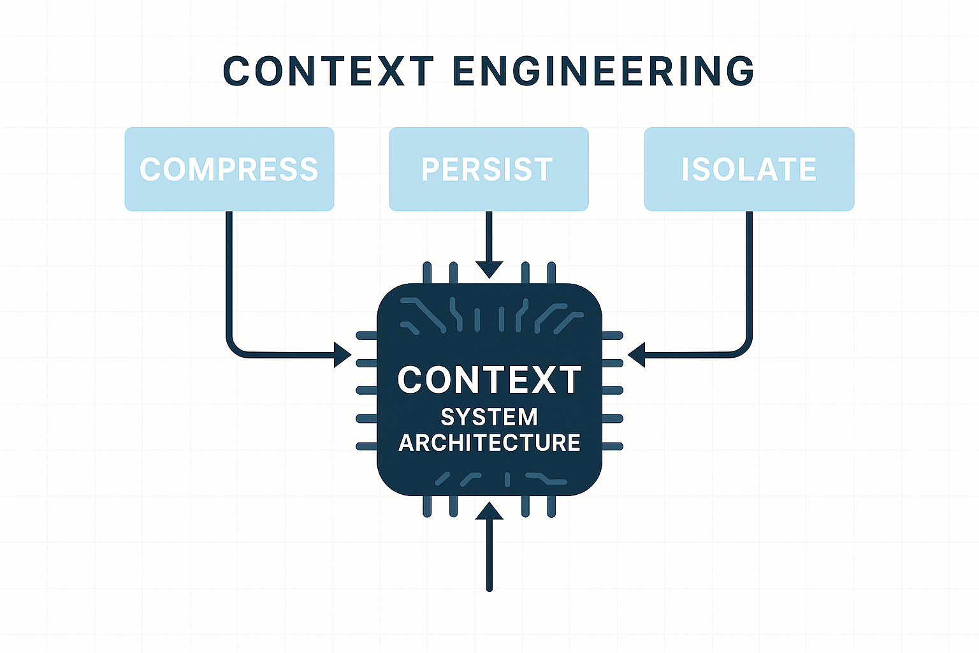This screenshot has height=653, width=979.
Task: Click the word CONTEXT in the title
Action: point(328,71)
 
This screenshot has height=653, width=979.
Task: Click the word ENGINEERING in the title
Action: point(604,71)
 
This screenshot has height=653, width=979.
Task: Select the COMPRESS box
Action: point(229,169)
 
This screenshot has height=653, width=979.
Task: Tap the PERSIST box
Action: point(488,169)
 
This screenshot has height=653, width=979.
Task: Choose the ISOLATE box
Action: point(749,169)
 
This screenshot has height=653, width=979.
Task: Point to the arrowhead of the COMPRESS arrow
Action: point(344,355)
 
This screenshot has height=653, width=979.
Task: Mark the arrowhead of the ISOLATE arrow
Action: point(636,355)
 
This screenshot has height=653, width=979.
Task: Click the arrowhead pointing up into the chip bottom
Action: point(489,511)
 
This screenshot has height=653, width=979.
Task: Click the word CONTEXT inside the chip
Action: point(489,380)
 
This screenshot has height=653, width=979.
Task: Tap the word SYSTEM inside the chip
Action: point(489,417)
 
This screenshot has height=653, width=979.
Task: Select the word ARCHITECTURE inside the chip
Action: point(489,443)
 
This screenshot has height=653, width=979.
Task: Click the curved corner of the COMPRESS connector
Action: point(235,348)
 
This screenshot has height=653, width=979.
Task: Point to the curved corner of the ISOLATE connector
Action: point(743,348)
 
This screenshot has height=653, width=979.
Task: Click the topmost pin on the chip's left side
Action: point(366,335)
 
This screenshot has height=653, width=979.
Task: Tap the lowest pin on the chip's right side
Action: point(613,446)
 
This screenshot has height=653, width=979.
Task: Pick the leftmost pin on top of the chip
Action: point(427,273)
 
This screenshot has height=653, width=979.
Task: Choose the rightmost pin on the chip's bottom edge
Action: point(551,506)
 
